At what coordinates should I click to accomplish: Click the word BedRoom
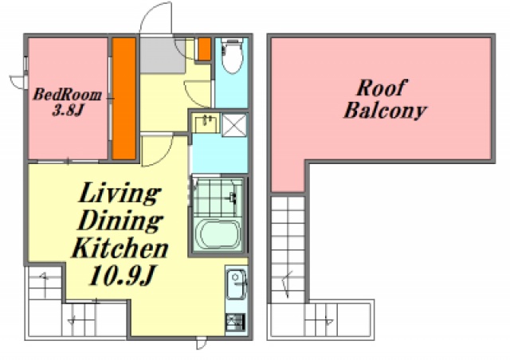click(67, 95)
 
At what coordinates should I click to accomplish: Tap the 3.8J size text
click(69, 111)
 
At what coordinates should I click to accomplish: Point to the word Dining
click(120, 221)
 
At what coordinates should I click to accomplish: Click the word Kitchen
click(120, 248)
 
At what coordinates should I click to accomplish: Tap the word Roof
click(381, 88)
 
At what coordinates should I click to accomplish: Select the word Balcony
click(385, 111)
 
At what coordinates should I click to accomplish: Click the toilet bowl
click(232, 56)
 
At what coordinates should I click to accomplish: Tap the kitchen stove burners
click(235, 322)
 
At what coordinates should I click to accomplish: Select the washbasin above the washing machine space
click(206, 123)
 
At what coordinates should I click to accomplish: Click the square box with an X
click(234, 125)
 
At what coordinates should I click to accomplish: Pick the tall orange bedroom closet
click(124, 99)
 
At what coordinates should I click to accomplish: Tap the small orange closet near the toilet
click(204, 49)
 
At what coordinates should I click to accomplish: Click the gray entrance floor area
click(163, 56)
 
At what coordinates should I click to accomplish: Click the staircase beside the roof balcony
click(288, 248)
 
